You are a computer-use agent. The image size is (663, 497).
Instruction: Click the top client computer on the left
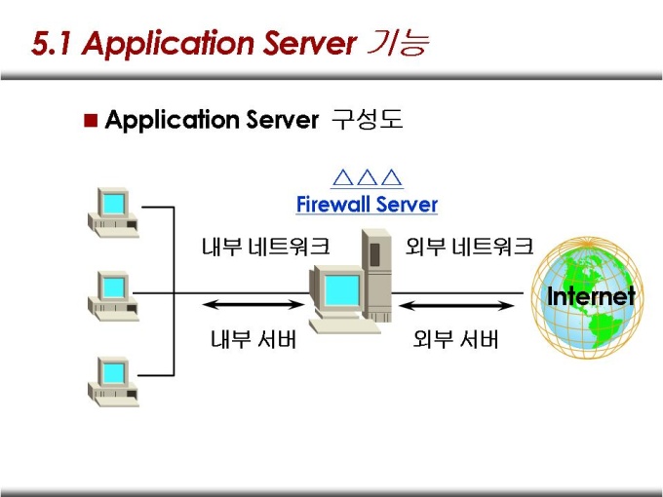tap(113, 210)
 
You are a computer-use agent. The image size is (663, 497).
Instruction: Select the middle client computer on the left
tap(113, 294)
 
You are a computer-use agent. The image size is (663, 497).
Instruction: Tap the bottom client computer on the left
tap(113, 379)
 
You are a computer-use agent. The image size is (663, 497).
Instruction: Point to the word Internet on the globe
tap(591, 296)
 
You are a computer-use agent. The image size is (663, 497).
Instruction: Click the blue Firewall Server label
tap(367, 205)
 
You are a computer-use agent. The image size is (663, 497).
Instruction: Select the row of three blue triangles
tap(367, 178)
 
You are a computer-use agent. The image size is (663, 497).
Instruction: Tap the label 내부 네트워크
tap(265, 247)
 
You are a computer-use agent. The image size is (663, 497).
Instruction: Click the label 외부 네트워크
tap(469, 247)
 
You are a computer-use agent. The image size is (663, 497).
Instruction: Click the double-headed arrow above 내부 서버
tap(253, 306)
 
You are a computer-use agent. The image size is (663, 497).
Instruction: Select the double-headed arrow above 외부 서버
tap(458, 306)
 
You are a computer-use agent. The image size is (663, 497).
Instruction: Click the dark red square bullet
tap(91, 121)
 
